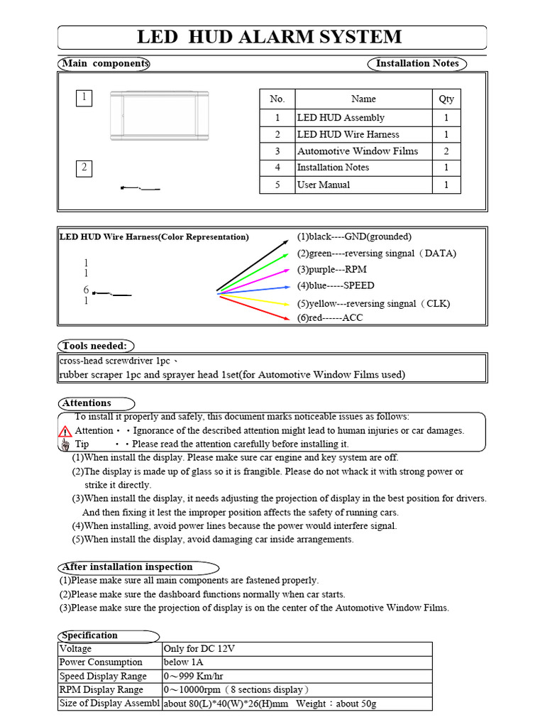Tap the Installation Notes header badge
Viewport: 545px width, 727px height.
(x=417, y=63)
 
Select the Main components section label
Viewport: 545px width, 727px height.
(x=104, y=63)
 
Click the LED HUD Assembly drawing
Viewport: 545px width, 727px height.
(x=159, y=114)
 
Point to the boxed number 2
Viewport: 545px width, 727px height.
(x=84, y=168)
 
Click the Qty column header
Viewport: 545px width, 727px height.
(x=446, y=99)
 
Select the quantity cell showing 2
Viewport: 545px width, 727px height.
(x=446, y=151)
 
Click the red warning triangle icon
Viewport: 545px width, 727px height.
(x=65, y=431)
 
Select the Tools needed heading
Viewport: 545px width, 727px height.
(x=95, y=346)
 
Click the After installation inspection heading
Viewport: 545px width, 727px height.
(x=128, y=567)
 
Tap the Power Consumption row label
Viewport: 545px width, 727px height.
(x=101, y=662)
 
